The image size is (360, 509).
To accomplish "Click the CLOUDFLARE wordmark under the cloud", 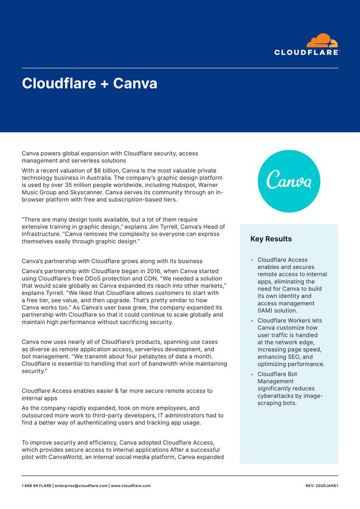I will tap(307, 52).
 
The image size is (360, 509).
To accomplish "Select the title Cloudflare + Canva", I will tap(90, 84).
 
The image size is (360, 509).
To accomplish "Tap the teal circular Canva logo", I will tap(289, 181).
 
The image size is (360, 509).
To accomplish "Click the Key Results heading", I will tap(271, 239).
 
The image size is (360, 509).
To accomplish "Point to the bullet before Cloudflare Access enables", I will tap(253, 260).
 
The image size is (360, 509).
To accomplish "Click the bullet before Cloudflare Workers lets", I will tap(253, 321).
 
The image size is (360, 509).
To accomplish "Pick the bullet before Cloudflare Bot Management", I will tap(253, 374).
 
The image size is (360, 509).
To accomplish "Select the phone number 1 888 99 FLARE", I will tap(36, 486).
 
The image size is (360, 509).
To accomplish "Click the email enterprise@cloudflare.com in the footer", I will tap(81, 486).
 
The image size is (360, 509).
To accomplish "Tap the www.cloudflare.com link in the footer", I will tap(131, 486).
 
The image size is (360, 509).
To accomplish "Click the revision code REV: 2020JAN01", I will tap(322, 486).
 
